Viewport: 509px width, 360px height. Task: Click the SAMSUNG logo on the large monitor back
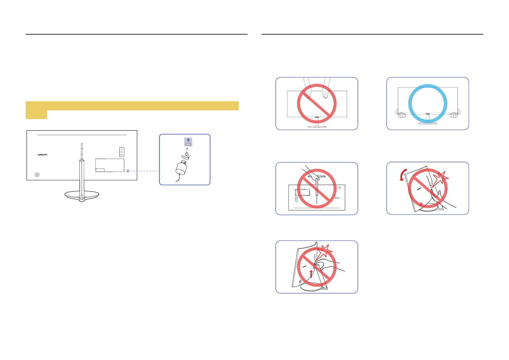pos(42,155)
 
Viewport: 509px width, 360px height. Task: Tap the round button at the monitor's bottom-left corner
pos(37,175)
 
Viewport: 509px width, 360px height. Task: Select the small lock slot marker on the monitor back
pos(128,171)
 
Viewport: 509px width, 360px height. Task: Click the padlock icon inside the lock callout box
pos(188,140)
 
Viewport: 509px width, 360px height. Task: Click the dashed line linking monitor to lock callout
pos(144,171)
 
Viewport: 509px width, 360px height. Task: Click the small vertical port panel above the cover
pos(122,152)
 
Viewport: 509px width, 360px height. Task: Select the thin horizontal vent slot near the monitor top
pos(82,135)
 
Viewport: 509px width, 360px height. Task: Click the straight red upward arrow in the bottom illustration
pos(311,274)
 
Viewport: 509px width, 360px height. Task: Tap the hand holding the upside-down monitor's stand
pos(313,176)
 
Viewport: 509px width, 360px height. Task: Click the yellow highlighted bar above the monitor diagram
pos(132,106)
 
